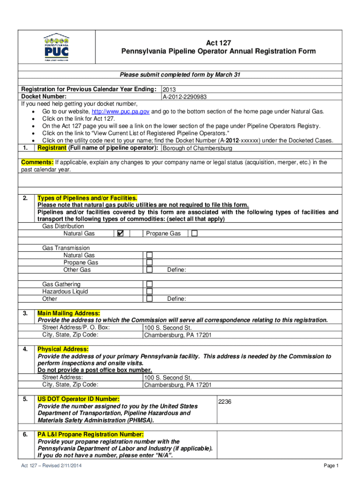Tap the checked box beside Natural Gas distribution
pos(120,233)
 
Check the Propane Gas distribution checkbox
pos(194,233)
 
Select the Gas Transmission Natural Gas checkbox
pos(149,255)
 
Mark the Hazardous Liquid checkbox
pos(149,291)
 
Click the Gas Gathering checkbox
pos(149,284)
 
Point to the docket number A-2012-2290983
pos(185,97)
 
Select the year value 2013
pos(169,89)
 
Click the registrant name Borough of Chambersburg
pos(197,148)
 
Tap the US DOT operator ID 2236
pos(225,402)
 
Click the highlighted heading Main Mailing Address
pos(69,313)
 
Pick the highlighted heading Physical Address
pos(63,349)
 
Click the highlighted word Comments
pos(37,162)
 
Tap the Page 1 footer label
pos(331,466)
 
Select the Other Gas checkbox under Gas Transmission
pos(149,270)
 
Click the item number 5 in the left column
pos(24,399)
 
